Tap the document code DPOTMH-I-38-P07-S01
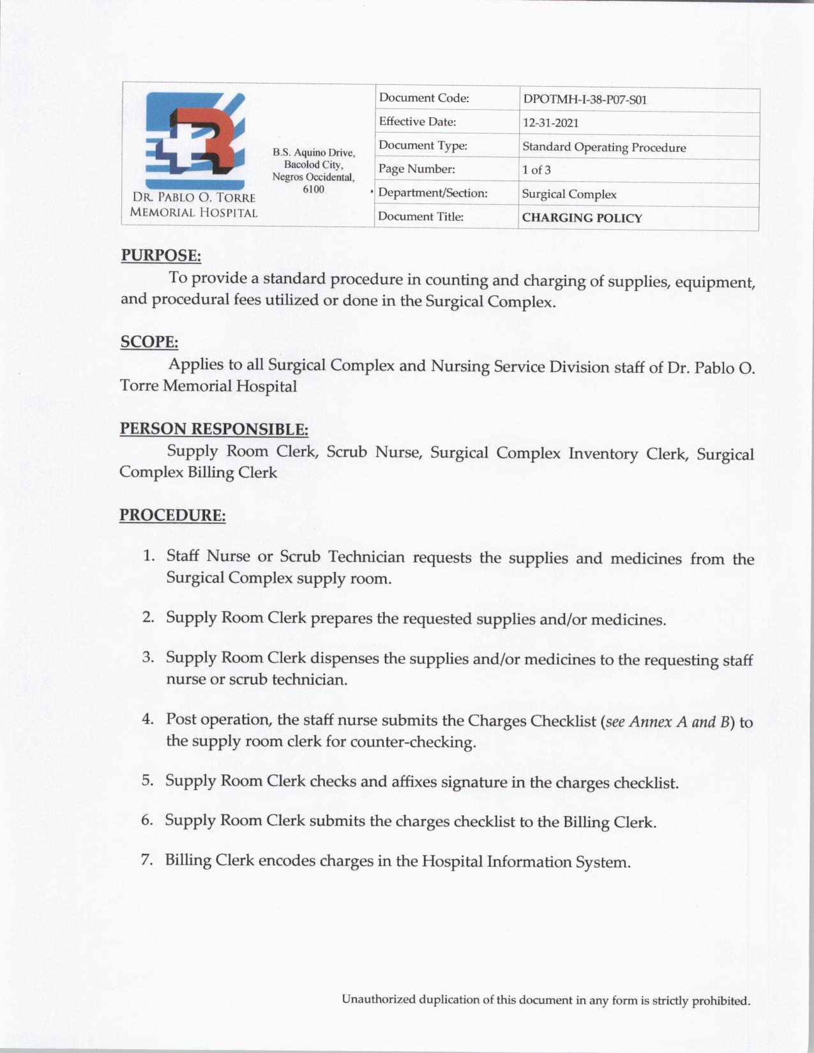(x=584, y=100)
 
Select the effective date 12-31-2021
(x=550, y=123)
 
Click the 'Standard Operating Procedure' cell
(x=604, y=147)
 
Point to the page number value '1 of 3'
(x=536, y=170)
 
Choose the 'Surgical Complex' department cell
(x=569, y=195)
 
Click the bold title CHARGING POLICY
(x=582, y=218)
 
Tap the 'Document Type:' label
(x=423, y=146)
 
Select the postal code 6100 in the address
(x=313, y=190)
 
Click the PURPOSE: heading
(x=161, y=255)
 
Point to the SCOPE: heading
(x=149, y=342)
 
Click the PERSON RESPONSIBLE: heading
(x=214, y=429)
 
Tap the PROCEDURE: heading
(x=172, y=515)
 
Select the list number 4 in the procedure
(x=148, y=719)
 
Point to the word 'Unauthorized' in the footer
(x=378, y=999)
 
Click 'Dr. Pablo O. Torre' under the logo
(x=193, y=198)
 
